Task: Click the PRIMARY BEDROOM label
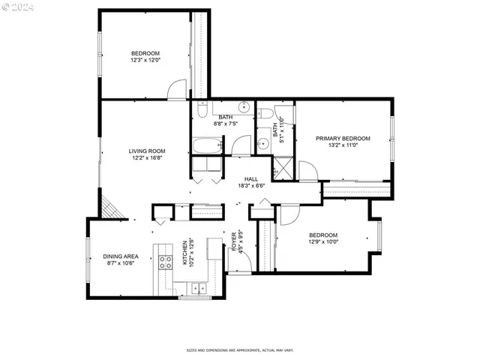tap(343, 138)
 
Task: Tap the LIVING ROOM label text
tap(147, 151)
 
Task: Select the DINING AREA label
tap(121, 256)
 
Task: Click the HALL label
tap(250, 179)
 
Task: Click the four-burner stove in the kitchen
tap(164, 262)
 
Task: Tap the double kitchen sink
tap(196, 286)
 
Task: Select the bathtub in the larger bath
tap(207, 145)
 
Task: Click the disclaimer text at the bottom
tap(240, 349)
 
